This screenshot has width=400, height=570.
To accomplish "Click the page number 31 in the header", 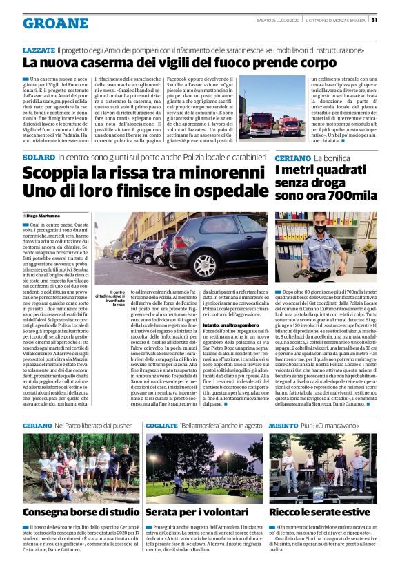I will tap(392, 19).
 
